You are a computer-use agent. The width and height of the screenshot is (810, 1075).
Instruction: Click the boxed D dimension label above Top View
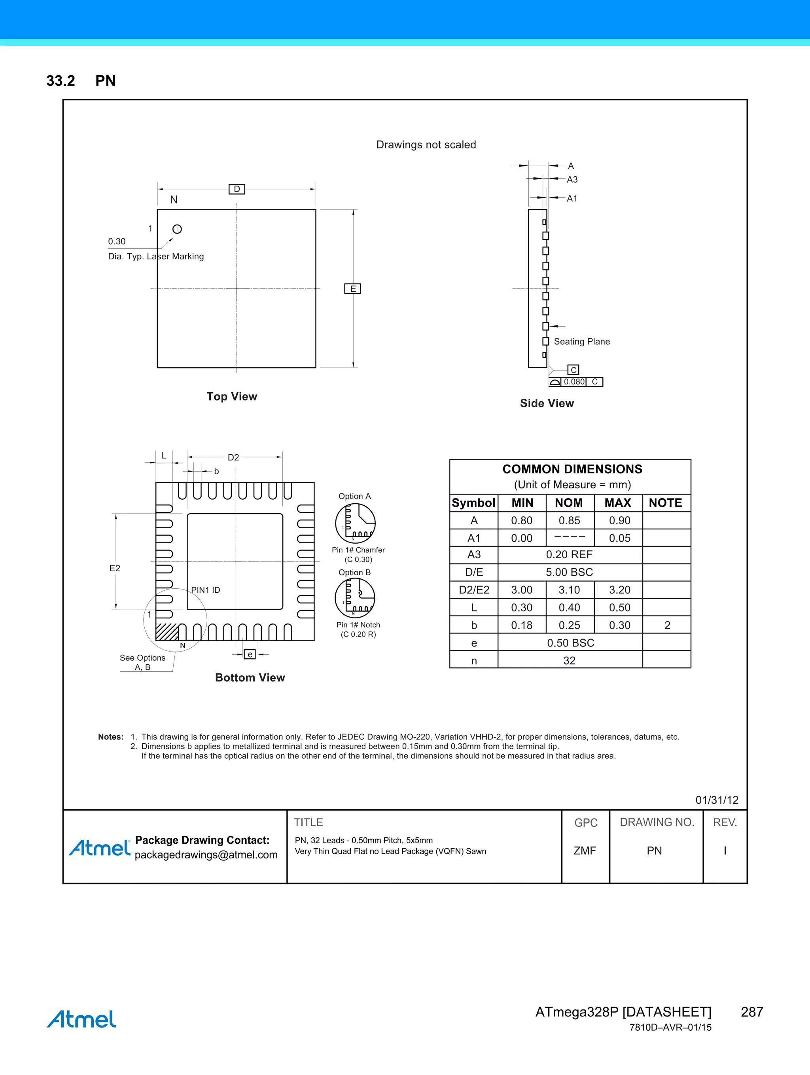(237, 189)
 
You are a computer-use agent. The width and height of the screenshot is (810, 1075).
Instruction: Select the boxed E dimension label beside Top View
(352, 289)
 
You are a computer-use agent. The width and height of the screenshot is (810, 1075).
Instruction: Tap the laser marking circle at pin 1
(177, 229)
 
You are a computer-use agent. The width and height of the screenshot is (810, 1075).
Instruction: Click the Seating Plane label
(581, 342)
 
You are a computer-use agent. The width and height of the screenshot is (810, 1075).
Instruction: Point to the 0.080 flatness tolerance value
(574, 382)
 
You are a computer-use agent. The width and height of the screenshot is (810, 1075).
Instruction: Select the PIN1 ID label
(205, 590)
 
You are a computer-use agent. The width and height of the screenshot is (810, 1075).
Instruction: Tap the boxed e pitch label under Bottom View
(250, 655)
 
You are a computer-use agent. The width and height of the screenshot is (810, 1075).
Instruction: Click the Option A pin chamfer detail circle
(356, 523)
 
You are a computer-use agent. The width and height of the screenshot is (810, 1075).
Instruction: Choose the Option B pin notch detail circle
(355, 598)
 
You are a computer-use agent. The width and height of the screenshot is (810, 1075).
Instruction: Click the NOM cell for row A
(570, 520)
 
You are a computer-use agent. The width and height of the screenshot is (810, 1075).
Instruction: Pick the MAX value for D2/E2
(619, 590)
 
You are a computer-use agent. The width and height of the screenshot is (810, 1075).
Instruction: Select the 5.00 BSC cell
(570, 572)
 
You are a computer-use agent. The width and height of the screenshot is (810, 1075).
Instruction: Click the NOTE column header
(665, 503)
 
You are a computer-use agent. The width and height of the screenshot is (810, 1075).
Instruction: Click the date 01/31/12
(717, 800)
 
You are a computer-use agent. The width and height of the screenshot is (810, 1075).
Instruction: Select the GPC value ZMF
(585, 850)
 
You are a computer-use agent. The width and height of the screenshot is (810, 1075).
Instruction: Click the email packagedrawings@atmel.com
(206, 855)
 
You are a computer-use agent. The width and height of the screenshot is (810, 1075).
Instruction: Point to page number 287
(751, 1012)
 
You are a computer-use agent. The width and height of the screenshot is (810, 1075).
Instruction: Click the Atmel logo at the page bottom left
(82, 1019)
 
